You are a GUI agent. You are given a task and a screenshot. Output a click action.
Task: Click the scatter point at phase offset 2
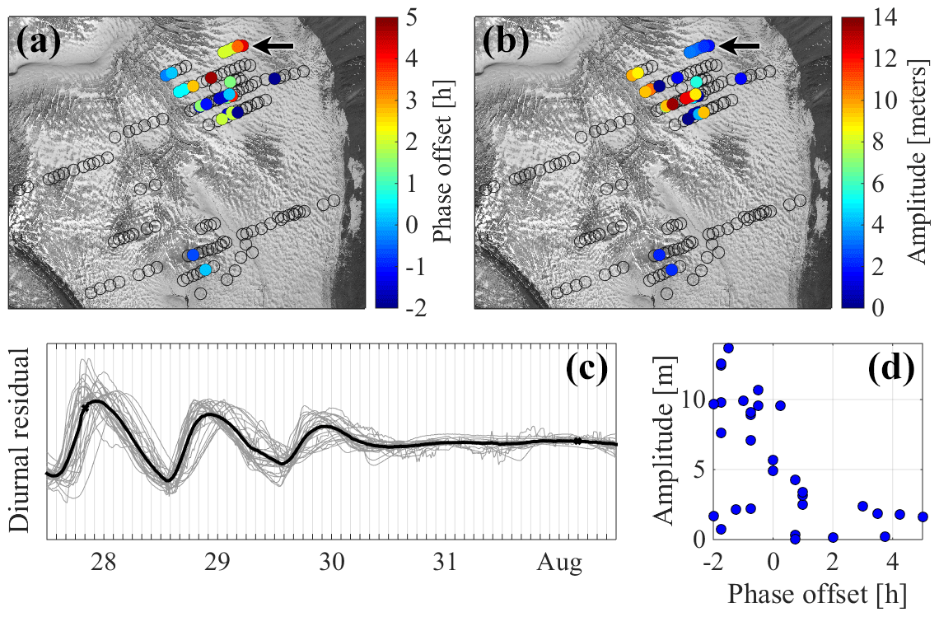[x=833, y=537]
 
